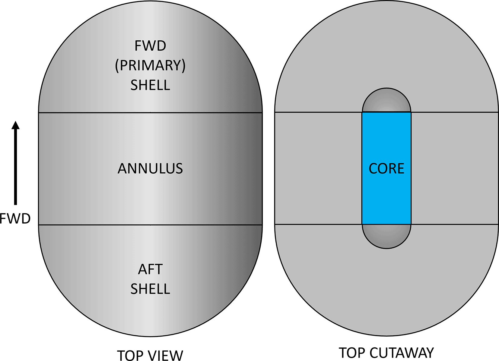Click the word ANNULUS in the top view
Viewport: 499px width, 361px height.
tap(150, 168)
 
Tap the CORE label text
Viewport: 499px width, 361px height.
tap(386, 168)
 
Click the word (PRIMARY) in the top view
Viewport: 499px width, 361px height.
tap(150, 65)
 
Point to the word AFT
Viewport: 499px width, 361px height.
tap(150, 269)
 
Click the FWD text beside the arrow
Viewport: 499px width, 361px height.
tap(15, 218)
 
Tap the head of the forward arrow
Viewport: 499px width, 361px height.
tap(15, 125)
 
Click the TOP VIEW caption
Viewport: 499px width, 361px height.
tap(150, 355)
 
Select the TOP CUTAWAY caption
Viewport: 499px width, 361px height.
tap(386, 353)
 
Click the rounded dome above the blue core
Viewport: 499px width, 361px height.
tap(386, 101)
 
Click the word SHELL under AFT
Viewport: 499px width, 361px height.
tap(150, 289)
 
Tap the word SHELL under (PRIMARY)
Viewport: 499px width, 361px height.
tap(150, 85)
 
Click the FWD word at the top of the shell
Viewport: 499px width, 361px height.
tap(150, 46)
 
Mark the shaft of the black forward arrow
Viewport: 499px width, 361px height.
tap(15, 169)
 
